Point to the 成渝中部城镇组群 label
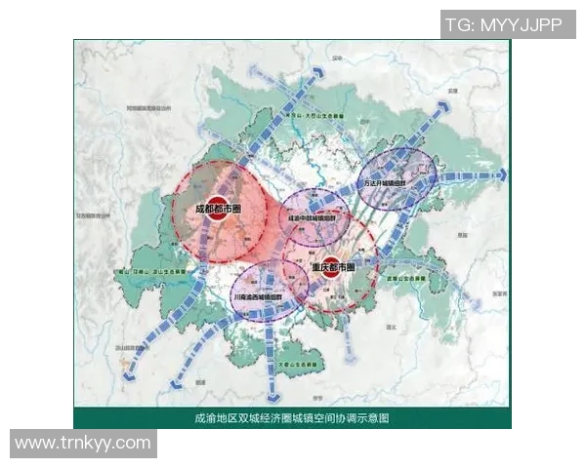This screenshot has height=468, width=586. pos(313,218)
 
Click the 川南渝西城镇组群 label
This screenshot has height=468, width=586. pos(257,295)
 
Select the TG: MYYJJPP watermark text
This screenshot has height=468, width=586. pos(504,24)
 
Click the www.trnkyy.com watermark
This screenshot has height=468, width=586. pos(83,443)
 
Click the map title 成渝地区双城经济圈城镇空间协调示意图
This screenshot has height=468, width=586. pos(292,418)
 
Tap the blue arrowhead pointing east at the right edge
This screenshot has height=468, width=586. pos(502,175)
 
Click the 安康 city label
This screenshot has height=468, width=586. pos(451,91)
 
